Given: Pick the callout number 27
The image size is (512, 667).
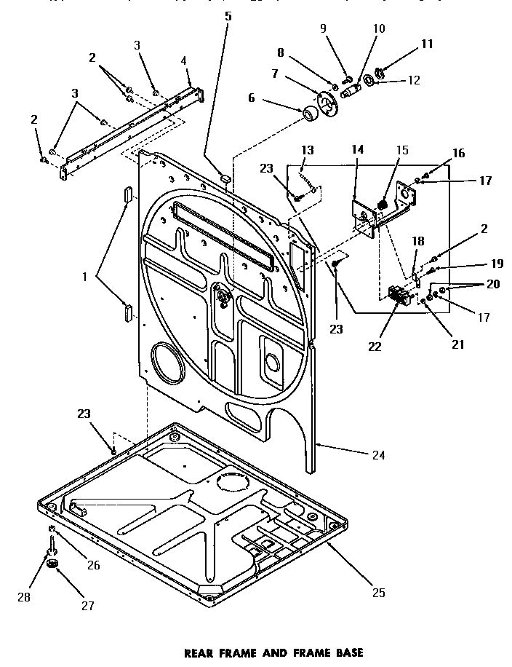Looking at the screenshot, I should tap(87, 604).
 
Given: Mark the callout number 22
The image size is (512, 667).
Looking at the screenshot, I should tap(375, 347).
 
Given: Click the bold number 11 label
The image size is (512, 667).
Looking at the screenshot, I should tap(427, 44).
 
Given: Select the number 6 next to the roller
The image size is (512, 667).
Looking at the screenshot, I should tap(252, 98).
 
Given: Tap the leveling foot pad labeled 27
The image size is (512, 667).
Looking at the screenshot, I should tap(52, 565).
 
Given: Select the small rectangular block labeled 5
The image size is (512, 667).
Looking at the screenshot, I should tap(225, 177).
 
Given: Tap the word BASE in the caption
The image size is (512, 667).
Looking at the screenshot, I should tap(346, 652).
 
